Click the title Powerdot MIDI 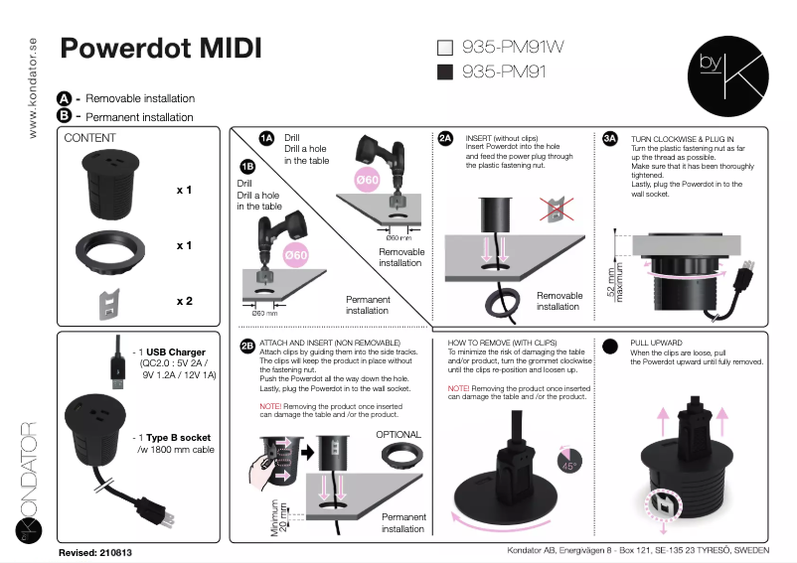click(x=161, y=49)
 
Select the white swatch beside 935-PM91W click(x=445, y=47)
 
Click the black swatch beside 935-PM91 click(x=445, y=71)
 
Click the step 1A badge click(x=266, y=138)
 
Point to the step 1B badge click(x=247, y=167)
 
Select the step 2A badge click(x=446, y=138)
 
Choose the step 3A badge click(x=610, y=138)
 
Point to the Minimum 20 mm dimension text click(x=279, y=517)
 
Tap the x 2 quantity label click(x=184, y=301)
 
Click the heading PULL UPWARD click(x=657, y=341)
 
